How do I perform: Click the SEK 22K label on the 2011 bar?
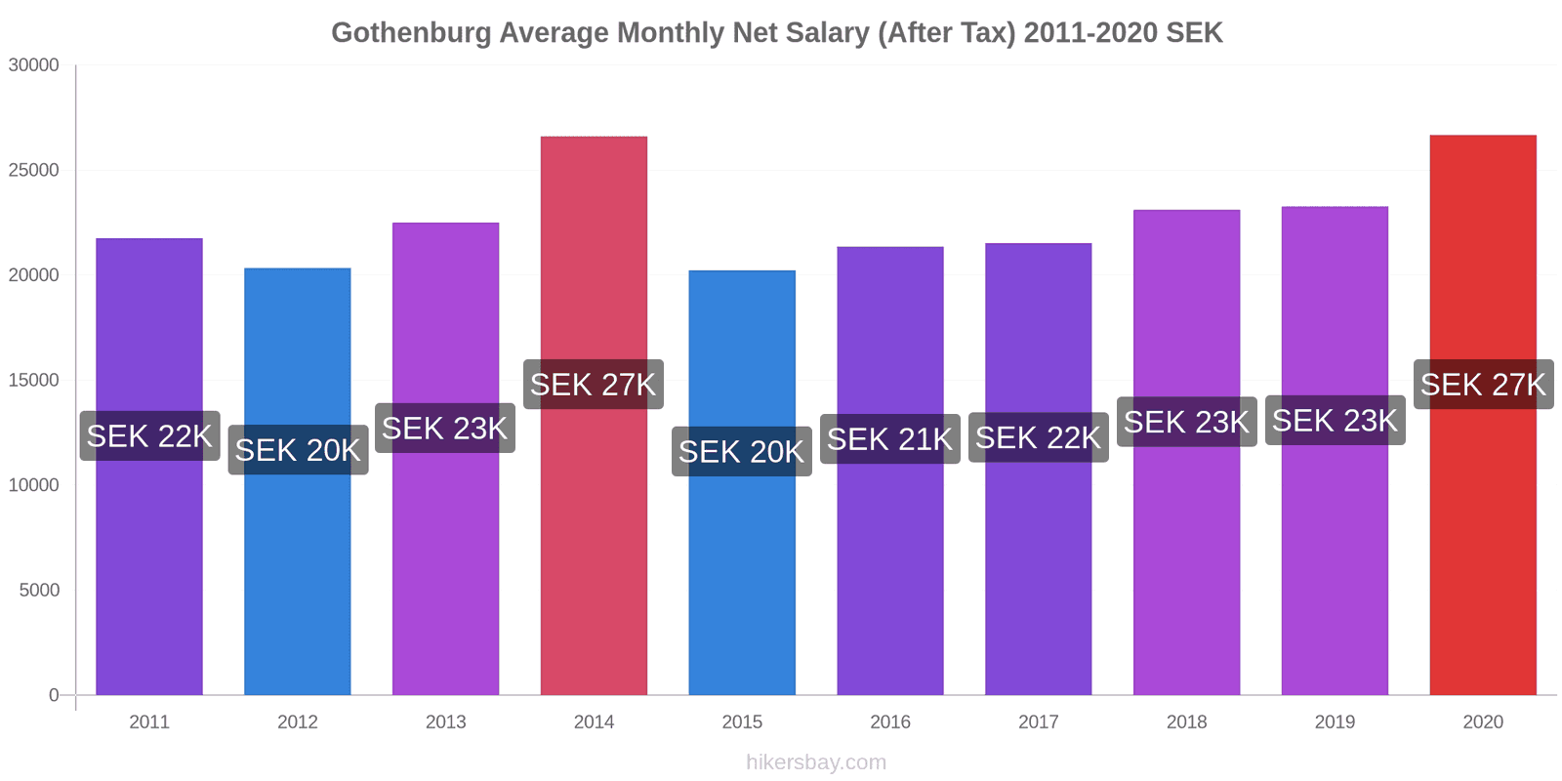149,435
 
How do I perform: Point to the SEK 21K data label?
889,439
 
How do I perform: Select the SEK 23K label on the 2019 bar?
1335,421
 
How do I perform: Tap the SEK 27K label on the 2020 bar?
1483,385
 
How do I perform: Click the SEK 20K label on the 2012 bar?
298,450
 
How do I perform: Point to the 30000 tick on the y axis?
34,65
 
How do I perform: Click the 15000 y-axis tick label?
34,381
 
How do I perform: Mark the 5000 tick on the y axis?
39,591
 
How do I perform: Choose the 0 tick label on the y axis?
54,695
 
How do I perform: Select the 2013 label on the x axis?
445,722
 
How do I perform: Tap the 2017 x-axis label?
1038,722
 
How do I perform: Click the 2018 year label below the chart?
1186,722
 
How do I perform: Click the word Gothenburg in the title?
411,33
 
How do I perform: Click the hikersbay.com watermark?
816,762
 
